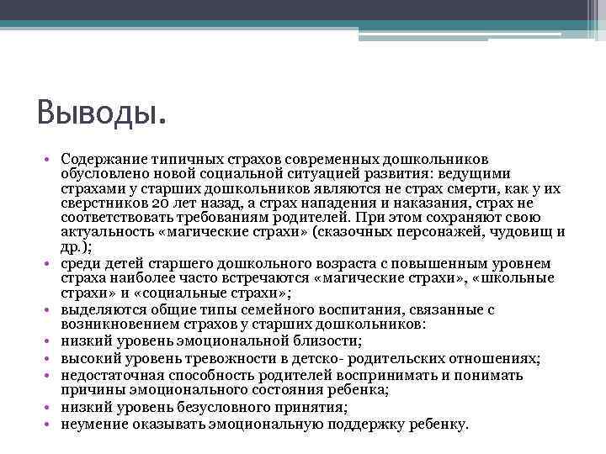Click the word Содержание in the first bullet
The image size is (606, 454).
click(100, 159)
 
